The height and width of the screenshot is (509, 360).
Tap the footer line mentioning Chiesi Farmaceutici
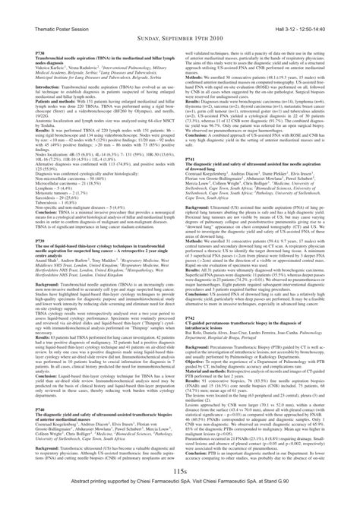(180, 503)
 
